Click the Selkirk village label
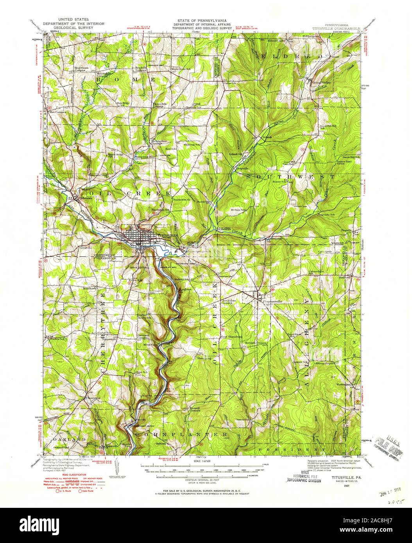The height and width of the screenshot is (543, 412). click(266, 138)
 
